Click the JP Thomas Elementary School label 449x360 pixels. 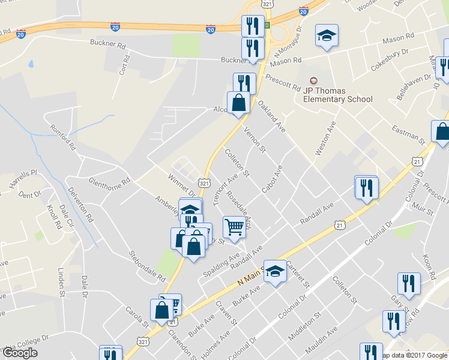(338, 95)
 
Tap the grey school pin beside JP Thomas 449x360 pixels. (312, 81)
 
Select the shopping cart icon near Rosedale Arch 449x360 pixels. (234, 227)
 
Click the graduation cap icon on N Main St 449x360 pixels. (275, 271)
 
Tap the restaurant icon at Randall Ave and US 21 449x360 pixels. (366, 188)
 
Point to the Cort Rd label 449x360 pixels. (124, 65)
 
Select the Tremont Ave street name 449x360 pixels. (223, 191)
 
